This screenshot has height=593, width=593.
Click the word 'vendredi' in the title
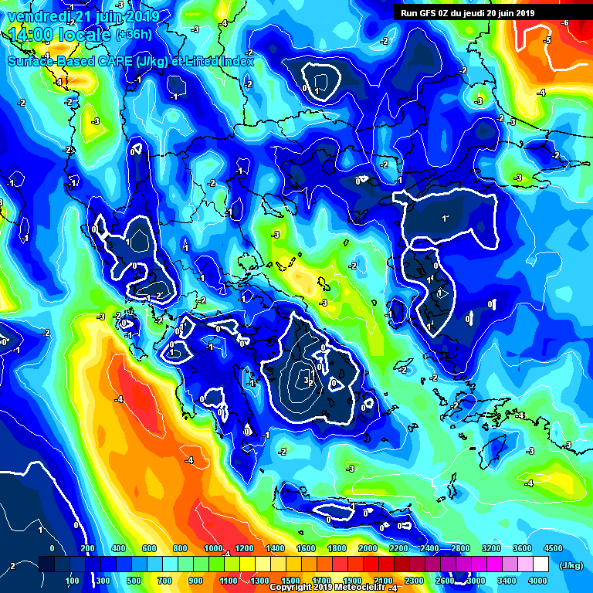click(36, 16)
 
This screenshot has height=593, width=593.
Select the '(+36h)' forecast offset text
click(134, 35)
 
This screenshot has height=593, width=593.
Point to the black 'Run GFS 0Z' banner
click(467, 12)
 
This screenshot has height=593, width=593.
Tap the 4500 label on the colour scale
click(553, 548)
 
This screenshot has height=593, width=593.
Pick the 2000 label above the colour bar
click(368, 548)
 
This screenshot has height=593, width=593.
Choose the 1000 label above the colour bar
click(213, 548)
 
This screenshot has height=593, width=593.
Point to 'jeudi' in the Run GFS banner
click(473, 12)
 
